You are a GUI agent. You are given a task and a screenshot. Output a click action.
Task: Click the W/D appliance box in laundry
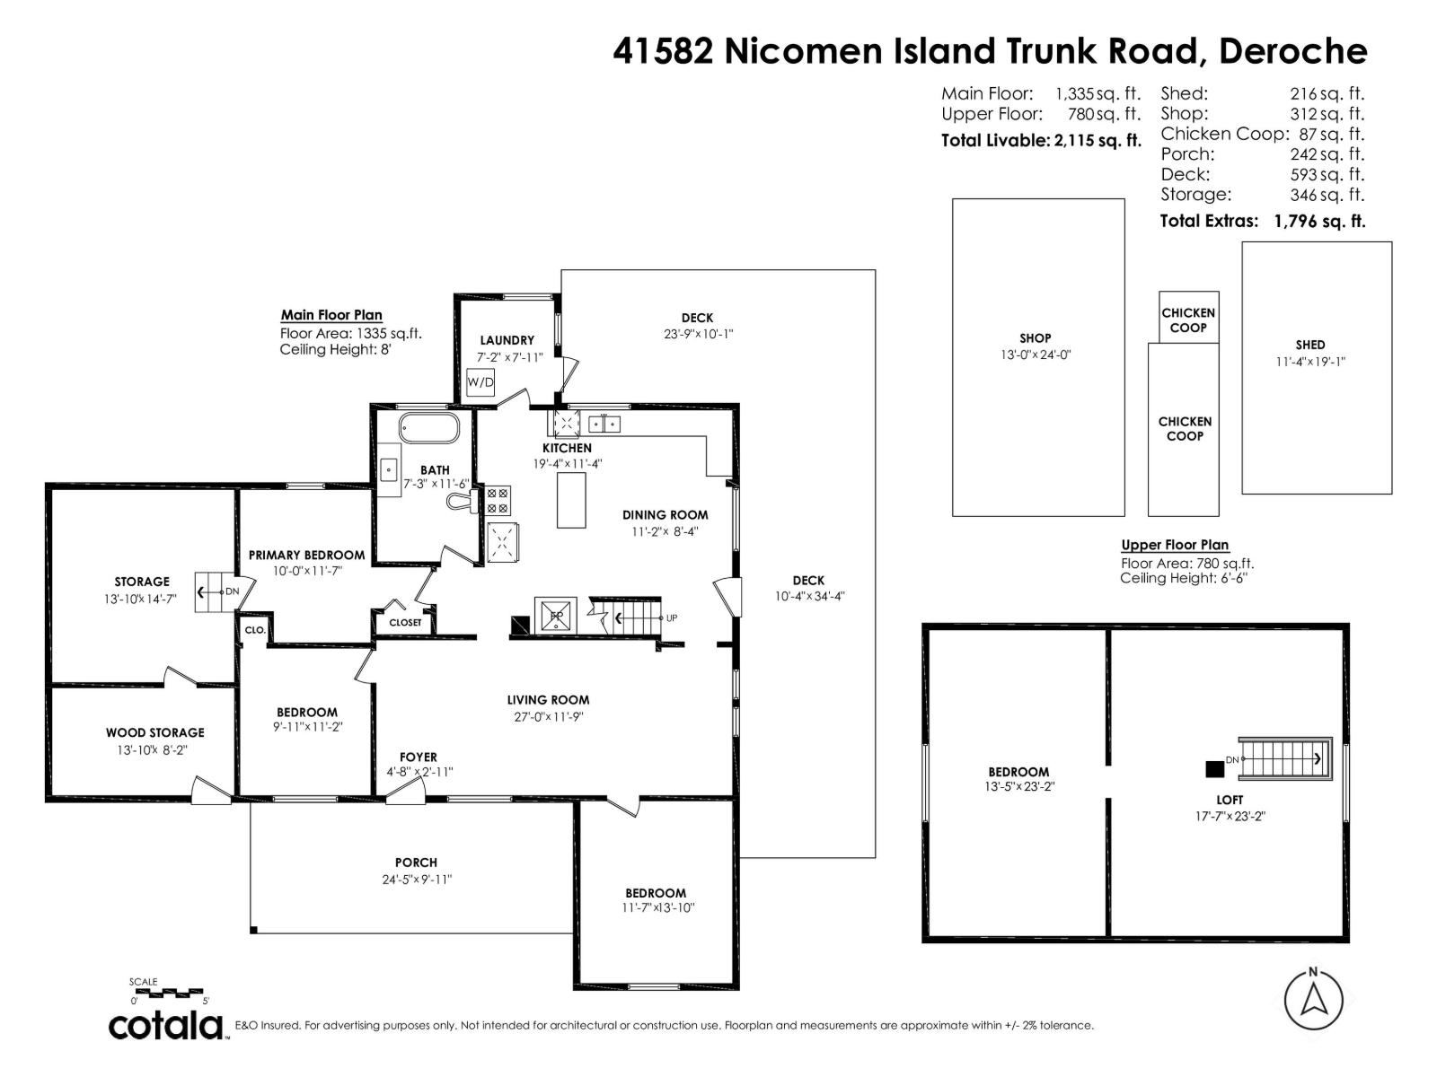(x=480, y=382)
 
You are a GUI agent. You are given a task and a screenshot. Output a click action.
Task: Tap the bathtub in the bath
(x=429, y=428)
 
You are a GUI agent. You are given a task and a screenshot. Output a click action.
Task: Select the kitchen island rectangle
(x=571, y=500)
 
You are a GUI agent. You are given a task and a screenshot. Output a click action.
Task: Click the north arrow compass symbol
(x=1313, y=1000)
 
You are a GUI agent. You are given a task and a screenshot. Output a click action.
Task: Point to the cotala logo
(x=166, y=1025)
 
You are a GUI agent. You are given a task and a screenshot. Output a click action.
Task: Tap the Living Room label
(x=548, y=700)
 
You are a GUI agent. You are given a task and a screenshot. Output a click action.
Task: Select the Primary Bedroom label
(x=306, y=556)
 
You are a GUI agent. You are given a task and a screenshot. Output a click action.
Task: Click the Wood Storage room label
(x=155, y=733)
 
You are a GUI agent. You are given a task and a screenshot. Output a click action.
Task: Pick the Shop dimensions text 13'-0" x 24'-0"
(x=1035, y=355)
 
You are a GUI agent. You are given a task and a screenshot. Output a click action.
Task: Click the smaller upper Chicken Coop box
(x=1188, y=318)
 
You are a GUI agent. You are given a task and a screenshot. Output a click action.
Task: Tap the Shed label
(x=1309, y=345)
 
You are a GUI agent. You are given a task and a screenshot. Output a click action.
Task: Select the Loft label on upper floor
(x=1230, y=800)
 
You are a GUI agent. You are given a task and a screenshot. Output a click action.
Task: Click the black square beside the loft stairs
(x=1214, y=769)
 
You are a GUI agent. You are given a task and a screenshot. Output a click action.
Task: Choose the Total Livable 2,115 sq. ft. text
(x=1041, y=141)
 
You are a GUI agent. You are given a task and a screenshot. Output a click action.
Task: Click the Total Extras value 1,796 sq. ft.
(x=1319, y=222)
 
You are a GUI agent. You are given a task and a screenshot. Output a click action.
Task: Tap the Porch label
(x=416, y=862)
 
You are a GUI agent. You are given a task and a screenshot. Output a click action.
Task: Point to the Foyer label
(x=419, y=757)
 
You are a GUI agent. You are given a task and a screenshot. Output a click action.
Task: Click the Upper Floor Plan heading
(x=1174, y=545)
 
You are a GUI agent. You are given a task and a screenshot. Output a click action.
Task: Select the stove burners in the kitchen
(x=498, y=500)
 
